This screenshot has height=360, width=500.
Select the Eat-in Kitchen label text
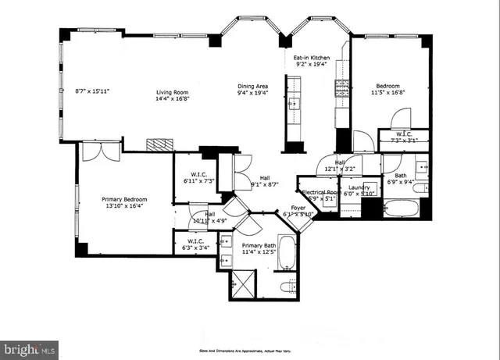pos(311,58)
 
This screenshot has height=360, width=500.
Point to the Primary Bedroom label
pos(124,199)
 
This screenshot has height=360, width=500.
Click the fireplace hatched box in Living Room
pos(160,145)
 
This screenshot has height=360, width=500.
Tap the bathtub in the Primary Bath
pos(287,255)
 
